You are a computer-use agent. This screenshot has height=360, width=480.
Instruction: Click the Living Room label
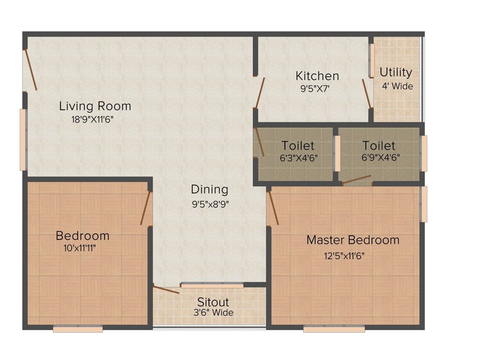95,106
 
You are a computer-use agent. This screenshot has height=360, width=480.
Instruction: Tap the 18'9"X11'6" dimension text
92,119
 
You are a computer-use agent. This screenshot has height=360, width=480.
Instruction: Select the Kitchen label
317,76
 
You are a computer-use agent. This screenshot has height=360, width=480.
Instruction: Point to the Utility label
396,73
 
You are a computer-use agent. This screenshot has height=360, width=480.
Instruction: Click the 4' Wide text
397,86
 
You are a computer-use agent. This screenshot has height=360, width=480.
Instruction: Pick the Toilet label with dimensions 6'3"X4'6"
298,146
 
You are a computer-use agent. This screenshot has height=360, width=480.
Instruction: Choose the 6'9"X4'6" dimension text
381,157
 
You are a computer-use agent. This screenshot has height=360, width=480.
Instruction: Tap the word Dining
210,189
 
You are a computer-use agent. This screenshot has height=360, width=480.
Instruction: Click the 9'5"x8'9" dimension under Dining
210,204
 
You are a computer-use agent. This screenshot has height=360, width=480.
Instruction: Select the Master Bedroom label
353,240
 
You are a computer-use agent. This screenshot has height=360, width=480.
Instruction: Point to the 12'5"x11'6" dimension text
345,255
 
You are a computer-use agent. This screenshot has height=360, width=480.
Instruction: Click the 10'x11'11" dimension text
80,248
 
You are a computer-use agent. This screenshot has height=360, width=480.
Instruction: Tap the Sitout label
213,302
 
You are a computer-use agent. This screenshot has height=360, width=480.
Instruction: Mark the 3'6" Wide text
213,313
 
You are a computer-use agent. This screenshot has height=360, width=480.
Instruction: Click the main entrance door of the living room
30,70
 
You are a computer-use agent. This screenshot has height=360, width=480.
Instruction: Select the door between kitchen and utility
367,94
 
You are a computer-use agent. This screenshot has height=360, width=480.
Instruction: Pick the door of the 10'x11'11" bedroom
146,208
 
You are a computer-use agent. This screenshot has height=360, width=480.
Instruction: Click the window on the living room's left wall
23,140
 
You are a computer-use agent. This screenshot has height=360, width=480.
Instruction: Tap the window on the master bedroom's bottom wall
334,329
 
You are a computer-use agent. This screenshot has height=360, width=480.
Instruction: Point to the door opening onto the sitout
166,290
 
